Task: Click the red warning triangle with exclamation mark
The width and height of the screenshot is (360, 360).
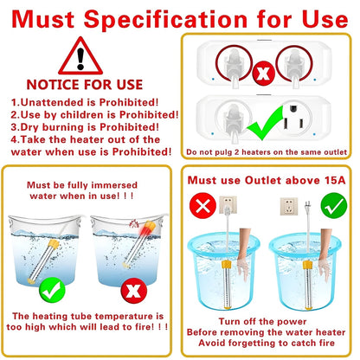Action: (80, 57)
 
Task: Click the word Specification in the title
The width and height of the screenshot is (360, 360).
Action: (165, 19)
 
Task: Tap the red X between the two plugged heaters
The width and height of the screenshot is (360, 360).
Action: (263, 73)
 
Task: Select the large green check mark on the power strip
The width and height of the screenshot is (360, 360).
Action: (265, 123)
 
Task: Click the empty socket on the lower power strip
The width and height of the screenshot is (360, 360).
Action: (292, 119)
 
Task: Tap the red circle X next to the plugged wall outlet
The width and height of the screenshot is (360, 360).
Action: (202, 206)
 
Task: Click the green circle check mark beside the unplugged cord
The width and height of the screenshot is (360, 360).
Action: (334, 206)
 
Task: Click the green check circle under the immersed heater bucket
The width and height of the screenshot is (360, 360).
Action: (52, 290)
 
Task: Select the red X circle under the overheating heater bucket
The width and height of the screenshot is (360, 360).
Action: (134, 290)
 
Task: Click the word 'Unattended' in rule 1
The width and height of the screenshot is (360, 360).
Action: (52, 102)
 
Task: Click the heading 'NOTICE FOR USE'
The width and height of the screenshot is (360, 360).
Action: (85, 85)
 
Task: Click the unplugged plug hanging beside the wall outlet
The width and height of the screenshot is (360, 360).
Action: (308, 207)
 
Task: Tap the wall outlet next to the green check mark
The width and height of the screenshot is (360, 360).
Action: (289, 206)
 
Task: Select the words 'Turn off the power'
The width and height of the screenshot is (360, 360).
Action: (262, 321)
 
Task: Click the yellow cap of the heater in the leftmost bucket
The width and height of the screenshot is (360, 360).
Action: (54, 244)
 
